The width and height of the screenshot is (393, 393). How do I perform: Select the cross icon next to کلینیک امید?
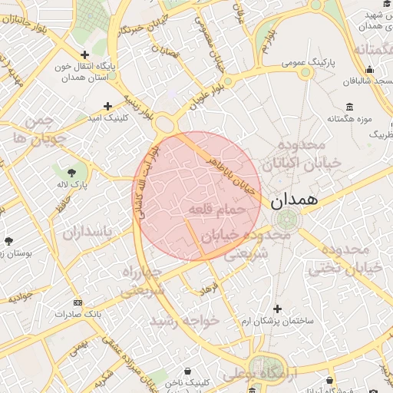pyautogui.click(x=107, y=106)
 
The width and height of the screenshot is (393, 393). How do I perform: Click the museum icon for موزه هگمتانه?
pyautogui.click(x=350, y=106)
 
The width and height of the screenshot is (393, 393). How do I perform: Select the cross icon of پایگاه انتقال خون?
pyautogui.click(x=84, y=54)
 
